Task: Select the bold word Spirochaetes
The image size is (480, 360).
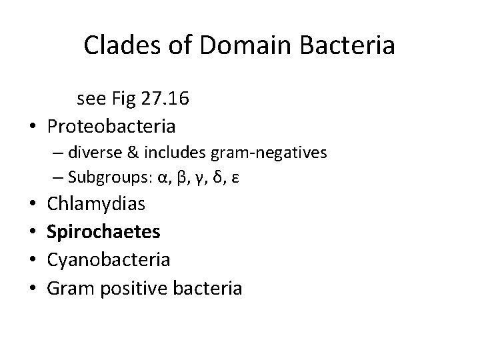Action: tap(103, 231)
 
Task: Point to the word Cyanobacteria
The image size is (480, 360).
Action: tap(109, 259)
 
